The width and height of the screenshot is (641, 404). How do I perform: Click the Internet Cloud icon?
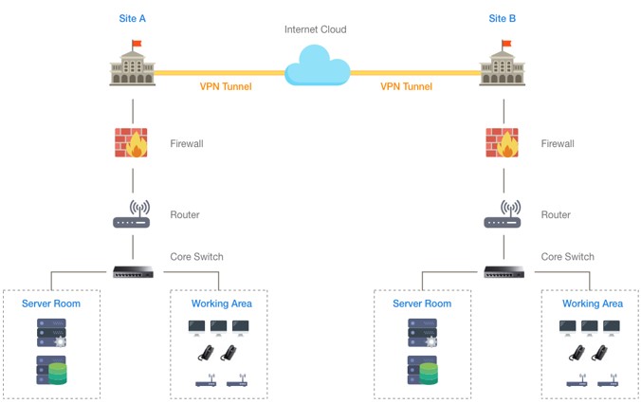tap(318, 65)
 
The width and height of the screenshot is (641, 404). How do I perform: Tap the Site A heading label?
tap(132, 18)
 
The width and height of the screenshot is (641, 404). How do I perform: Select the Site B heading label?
tap(502, 18)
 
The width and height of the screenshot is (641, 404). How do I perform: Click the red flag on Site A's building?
tap(137, 44)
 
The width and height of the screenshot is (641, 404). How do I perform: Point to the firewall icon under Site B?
tap(502, 142)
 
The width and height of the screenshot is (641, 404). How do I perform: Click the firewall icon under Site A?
tap(131, 142)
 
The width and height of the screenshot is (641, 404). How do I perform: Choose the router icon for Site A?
tap(132, 214)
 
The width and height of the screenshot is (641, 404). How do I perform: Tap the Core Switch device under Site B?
tap(504, 272)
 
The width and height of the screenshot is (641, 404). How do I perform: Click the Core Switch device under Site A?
tap(134, 272)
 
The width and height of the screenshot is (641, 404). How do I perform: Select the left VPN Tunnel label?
tap(226, 86)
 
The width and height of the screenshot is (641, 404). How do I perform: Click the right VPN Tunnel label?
tap(407, 86)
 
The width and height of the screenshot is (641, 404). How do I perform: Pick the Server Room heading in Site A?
tap(51, 303)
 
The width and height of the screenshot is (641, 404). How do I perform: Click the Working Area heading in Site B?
tap(593, 303)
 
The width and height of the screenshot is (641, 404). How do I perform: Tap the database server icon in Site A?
tap(51, 371)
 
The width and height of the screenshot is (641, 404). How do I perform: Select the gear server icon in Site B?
tap(423, 333)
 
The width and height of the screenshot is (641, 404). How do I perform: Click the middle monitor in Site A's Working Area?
tap(218, 328)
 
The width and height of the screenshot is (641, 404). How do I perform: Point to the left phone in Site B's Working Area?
tap(577, 353)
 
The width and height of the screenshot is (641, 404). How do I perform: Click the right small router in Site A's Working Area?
tap(237, 380)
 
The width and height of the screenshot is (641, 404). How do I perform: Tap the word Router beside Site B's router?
tap(556, 214)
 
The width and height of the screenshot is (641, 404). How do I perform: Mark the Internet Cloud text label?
tap(315, 29)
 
